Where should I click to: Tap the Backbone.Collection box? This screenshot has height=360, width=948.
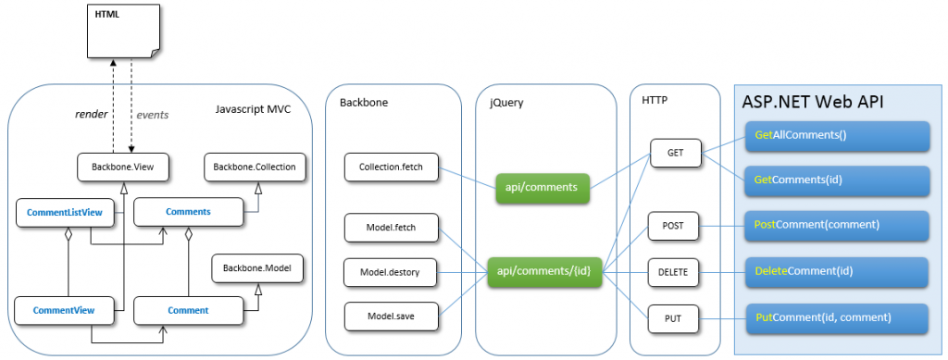[254, 168]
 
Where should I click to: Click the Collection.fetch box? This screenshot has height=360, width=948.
[391, 168]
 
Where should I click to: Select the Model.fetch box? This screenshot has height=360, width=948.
[391, 228]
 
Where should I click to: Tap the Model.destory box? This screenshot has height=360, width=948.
[391, 272]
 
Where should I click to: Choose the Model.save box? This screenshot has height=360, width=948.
[391, 316]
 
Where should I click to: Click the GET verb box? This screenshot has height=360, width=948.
[675, 153]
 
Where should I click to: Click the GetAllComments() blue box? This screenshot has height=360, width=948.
[836, 135]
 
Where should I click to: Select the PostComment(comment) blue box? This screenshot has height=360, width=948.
[836, 225]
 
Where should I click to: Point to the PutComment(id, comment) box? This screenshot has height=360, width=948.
[836, 317]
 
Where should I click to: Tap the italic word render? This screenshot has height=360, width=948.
[93, 115]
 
